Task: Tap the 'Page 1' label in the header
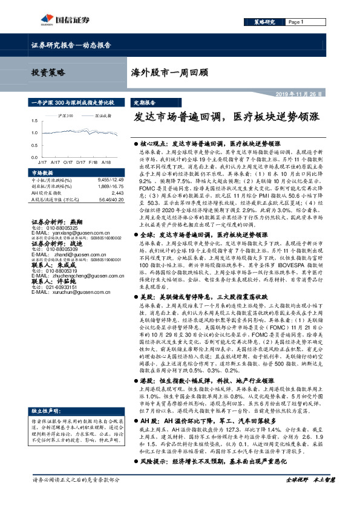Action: click(295, 22)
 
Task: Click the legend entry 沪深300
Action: click(66, 114)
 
